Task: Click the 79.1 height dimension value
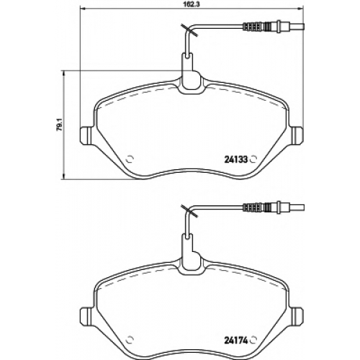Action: [x=60, y=125]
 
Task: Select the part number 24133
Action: [x=235, y=159]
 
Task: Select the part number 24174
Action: [x=235, y=341]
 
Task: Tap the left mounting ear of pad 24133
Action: [x=85, y=135]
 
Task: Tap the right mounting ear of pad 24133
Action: [x=297, y=135]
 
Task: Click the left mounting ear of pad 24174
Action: [x=85, y=317]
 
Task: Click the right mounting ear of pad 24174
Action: [x=297, y=317]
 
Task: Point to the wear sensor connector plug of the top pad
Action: [x=274, y=26]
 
